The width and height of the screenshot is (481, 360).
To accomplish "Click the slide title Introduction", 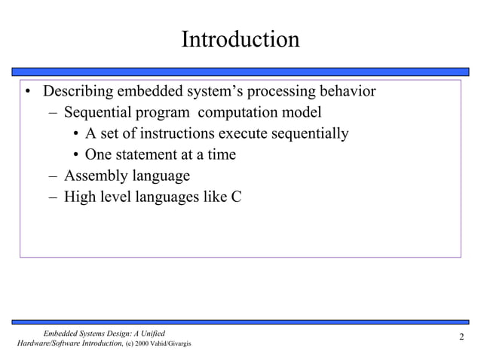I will click(x=240, y=39).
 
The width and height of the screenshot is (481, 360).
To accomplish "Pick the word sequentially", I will click(x=309, y=134).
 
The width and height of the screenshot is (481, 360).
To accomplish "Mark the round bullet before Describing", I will click(x=26, y=93).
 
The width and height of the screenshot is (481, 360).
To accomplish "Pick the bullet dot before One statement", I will click(x=77, y=156).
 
